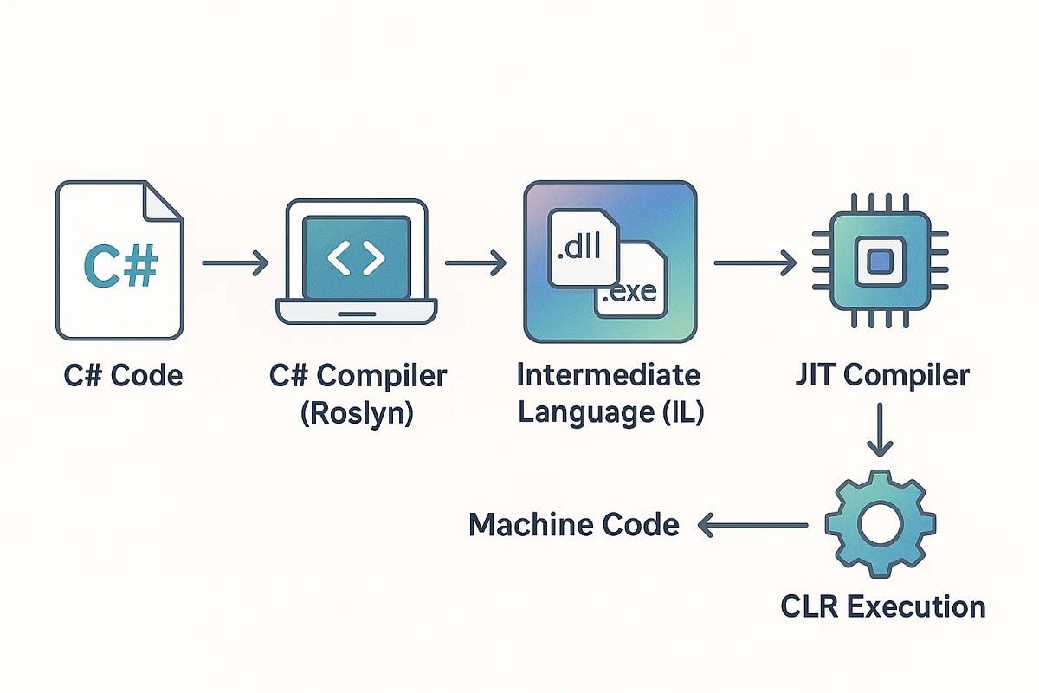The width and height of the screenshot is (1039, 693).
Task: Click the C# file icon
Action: point(119,260)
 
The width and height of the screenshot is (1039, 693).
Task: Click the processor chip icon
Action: point(880,260)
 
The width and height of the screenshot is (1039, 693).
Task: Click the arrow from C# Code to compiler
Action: point(235,262)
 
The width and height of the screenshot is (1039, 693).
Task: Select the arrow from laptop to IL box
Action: point(475,262)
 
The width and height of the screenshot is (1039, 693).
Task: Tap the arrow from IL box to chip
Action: point(754,262)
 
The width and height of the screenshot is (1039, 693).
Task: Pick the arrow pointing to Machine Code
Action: point(752,524)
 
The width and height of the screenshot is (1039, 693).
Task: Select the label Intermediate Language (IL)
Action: point(610,393)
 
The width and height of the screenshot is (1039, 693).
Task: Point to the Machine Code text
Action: point(574,524)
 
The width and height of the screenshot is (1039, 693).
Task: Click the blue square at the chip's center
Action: point(880,260)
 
